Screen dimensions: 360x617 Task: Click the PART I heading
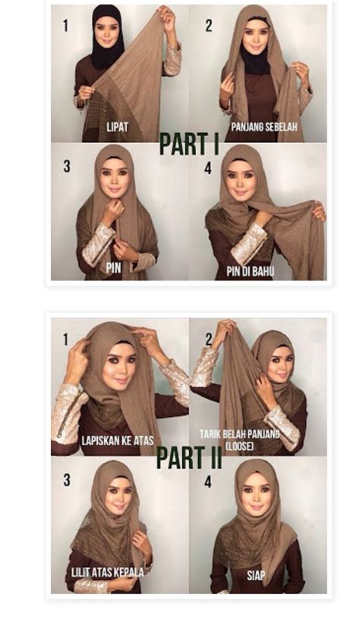point(189,144)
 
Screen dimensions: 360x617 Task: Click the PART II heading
point(189,457)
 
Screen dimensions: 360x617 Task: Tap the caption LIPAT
point(117,127)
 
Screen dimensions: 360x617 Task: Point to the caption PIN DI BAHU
point(250,271)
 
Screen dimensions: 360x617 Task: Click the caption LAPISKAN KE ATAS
point(117,440)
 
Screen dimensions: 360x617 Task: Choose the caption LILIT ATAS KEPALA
point(107,571)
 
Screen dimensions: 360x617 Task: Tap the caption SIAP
point(256,575)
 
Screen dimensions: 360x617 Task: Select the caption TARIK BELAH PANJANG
point(239,435)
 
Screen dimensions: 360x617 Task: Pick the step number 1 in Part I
point(65,26)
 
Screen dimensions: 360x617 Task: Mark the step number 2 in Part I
point(209,26)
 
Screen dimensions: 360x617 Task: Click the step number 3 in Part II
point(67,480)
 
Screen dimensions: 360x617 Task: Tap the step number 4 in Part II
point(208,482)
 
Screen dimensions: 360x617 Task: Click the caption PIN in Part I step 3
point(113,268)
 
